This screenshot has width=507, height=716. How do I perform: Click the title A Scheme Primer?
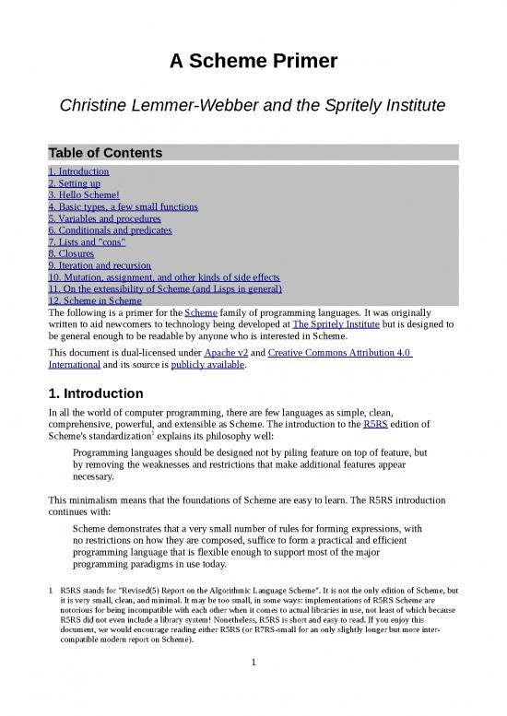[x=253, y=62]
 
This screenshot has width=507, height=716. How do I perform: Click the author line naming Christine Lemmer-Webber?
[x=253, y=107]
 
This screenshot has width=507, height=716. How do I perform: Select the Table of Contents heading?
[x=105, y=152]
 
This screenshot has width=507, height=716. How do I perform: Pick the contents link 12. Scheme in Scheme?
[x=95, y=300]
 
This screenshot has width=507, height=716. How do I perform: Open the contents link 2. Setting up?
[x=75, y=183]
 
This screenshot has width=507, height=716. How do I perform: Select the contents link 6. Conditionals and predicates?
[x=110, y=229]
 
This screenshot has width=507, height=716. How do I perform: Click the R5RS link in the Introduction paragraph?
[x=376, y=425]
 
